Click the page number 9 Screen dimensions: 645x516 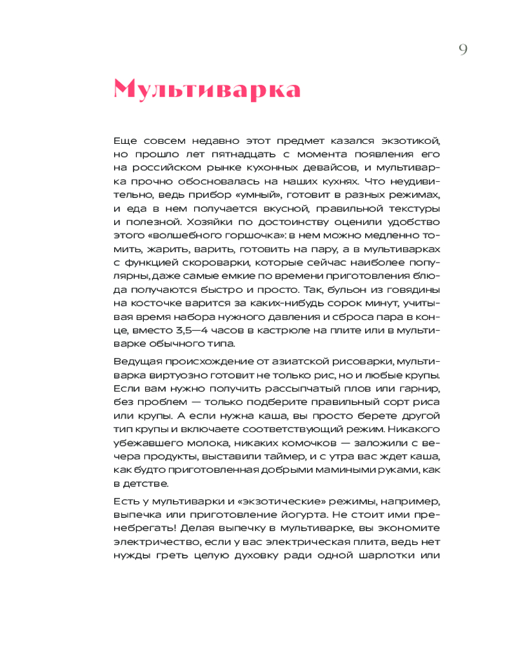[x=463, y=50]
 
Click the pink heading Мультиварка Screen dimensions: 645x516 [x=207, y=90]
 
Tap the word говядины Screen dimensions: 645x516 [x=415, y=290]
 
